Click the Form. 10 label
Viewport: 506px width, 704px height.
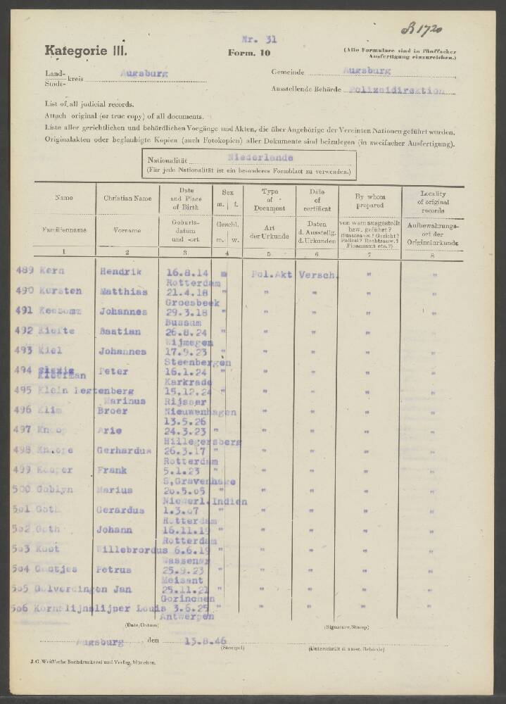tap(244, 53)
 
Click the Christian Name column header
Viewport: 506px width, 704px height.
tap(127, 199)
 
